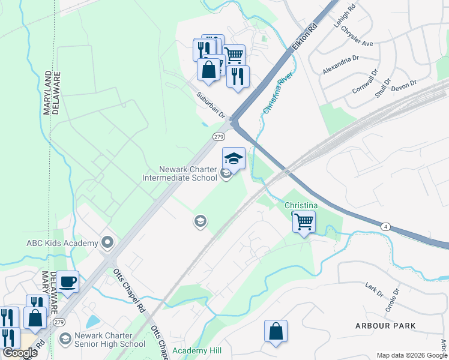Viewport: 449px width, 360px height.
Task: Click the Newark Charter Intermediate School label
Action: click(179, 173)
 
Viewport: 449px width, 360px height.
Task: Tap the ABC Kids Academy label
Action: click(62, 243)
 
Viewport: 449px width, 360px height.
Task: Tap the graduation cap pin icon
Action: click(234, 158)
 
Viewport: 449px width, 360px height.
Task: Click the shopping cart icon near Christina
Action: click(304, 221)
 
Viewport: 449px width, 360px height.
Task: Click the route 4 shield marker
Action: click(385, 226)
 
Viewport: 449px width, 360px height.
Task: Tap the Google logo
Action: click(20, 353)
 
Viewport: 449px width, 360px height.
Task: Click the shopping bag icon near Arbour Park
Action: click(276, 331)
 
